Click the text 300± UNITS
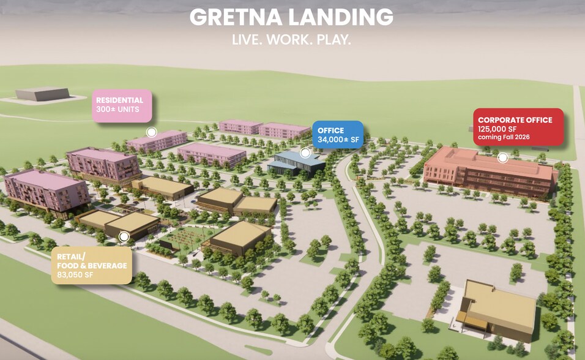pyautogui.click(x=117, y=110)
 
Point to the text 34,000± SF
pyautogui.click(x=338, y=140)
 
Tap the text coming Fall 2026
pyautogui.click(x=504, y=137)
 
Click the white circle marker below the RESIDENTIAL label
pyautogui.click(x=152, y=132)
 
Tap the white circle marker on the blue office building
pyautogui.click(x=305, y=152)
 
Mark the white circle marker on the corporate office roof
pyautogui.click(x=502, y=157)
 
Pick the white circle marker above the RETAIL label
pyautogui.click(x=124, y=236)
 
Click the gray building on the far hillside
pyautogui.click(x=42, y=94)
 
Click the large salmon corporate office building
pyautogui.click(x=490, y=173)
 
